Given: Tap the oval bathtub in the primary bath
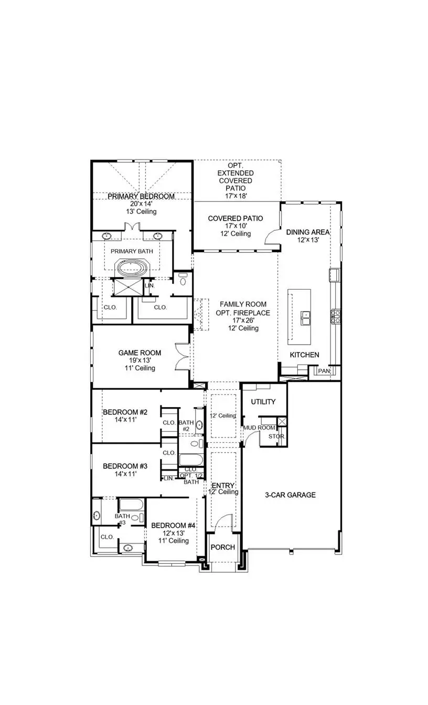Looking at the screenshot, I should (133, 269).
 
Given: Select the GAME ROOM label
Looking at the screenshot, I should (140, 353).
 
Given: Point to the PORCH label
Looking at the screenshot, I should (222, 547).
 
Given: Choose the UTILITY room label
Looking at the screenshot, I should (263, 402).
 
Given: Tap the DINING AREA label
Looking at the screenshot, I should (308, 232).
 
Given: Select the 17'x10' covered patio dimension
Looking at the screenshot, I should (235, 226).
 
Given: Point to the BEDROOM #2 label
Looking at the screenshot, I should (125, 412).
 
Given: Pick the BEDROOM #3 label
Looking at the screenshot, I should (125, 466).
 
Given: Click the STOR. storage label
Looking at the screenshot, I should (276, 436).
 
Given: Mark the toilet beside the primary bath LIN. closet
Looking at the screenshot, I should (182, 279).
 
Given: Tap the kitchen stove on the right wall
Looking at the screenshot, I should (334, 316).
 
